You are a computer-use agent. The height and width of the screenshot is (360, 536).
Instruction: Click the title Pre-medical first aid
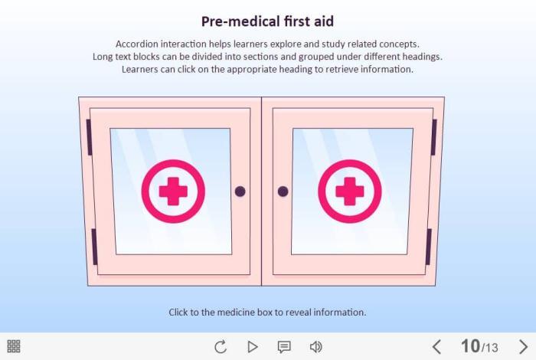[267, 21]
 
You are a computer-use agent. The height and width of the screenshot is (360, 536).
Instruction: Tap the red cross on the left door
[173, 191]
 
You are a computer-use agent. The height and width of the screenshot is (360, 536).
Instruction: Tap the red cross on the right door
[349, 191]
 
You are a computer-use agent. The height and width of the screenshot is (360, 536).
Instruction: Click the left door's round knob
[240, 191]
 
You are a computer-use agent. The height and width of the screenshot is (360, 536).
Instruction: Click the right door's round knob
[283, 191]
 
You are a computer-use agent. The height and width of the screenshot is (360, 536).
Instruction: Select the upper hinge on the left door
[89, 137]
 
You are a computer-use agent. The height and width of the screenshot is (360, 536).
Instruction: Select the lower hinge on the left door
[94, 247]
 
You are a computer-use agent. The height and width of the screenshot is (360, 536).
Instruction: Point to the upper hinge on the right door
[434, 137]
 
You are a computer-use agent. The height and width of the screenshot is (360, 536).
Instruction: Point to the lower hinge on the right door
[428, 247]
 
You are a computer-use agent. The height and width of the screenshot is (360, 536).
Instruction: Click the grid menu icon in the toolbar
[14, 346]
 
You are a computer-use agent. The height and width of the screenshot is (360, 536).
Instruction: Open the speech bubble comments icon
[284, 347]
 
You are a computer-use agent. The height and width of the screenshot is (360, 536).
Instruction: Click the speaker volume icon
[315, 347]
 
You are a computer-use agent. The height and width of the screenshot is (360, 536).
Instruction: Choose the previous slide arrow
[436, 347]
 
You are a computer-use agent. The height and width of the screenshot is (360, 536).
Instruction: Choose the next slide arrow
[523, 347]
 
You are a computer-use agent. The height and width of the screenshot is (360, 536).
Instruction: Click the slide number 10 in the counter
[470, 346]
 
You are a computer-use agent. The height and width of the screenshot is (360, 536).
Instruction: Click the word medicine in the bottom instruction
[236, 313]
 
